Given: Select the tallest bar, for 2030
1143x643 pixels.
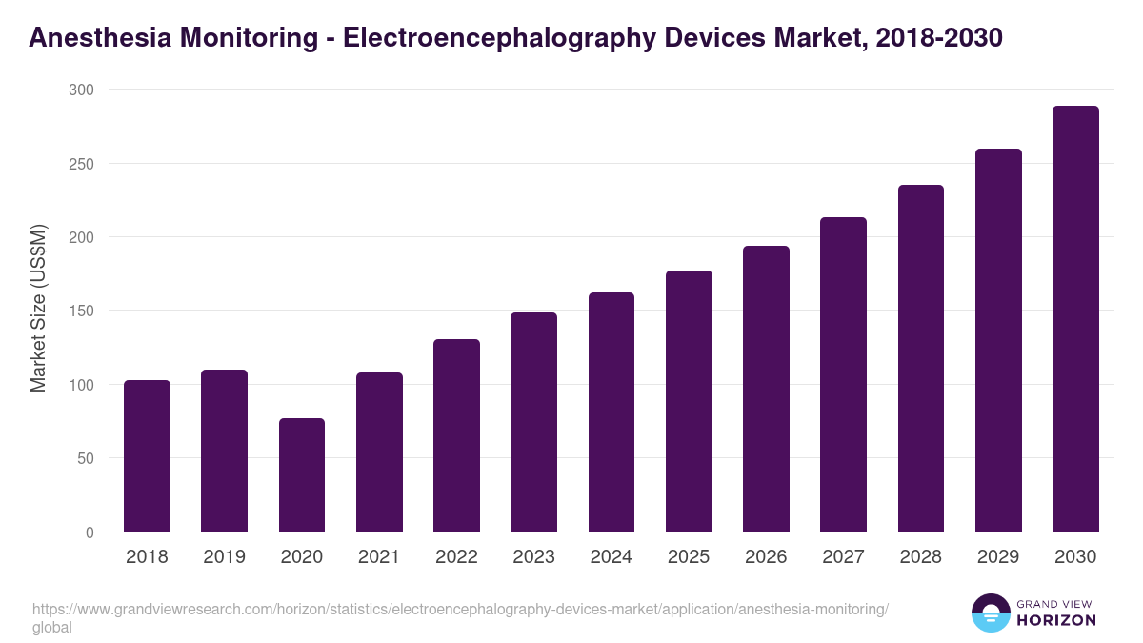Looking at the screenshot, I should coord(1075,319).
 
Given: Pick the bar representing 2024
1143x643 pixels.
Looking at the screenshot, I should coord(612,412).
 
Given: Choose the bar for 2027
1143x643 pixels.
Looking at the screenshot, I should coord(843,374).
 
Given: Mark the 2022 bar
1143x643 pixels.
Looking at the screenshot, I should coord(456,435).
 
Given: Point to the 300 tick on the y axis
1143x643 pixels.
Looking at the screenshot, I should coord(81,90).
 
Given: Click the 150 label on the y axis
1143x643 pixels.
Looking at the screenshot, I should coord(81,311).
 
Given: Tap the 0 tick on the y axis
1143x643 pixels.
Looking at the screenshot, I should coord(89,532).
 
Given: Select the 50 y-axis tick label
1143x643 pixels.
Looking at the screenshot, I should coord(85,458).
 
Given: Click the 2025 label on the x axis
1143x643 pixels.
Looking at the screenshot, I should coord(689,557).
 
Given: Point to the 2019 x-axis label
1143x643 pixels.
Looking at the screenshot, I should coord(224,557).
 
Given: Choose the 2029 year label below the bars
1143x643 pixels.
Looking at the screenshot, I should coord(998,557).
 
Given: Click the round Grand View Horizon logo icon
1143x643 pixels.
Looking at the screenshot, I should coord(990,613).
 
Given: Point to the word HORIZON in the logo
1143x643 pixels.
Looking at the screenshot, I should coord(1056,620).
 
